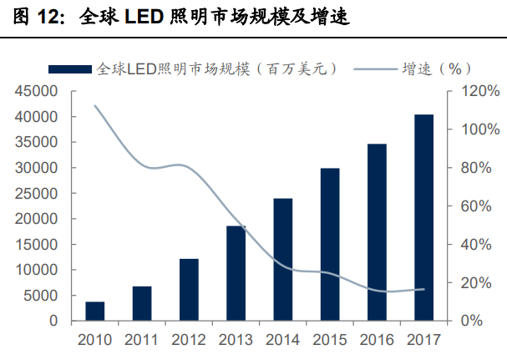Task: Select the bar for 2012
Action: [x=188, y=290]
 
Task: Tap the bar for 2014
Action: [x=283, y=260]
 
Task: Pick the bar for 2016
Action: [x=377, y=232]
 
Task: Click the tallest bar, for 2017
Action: [x=424, y=217]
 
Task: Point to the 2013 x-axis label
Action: [x=236, y=340]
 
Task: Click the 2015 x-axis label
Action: [x=330, y=340]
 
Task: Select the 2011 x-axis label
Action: [x=141, y=340]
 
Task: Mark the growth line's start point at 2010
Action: [x=94, y=105]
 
